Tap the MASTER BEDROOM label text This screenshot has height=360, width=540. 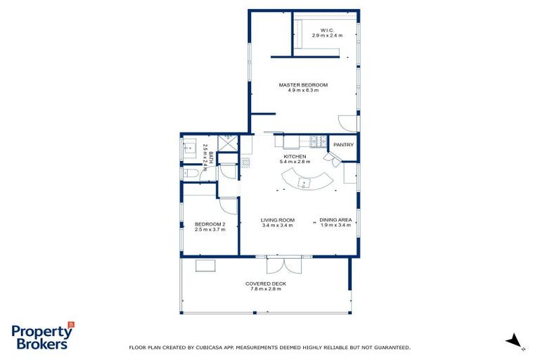click(303, 87)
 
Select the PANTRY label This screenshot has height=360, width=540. click(343, 145)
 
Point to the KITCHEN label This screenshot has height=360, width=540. click(295, 159)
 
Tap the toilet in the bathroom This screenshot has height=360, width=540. click(191, 173)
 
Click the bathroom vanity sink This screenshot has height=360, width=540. click(189, 148)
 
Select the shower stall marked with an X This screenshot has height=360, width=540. click(227, 141)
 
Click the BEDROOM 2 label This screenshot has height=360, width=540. click(210, 226)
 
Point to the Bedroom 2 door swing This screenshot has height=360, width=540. click(229, 205)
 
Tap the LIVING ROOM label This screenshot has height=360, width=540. click(278, 222)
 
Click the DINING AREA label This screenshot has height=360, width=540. click(335, 222)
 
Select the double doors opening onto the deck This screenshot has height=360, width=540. click(285, 266)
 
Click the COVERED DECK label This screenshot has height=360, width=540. click(265, 285)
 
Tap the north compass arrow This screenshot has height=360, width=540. click(515, 341)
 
